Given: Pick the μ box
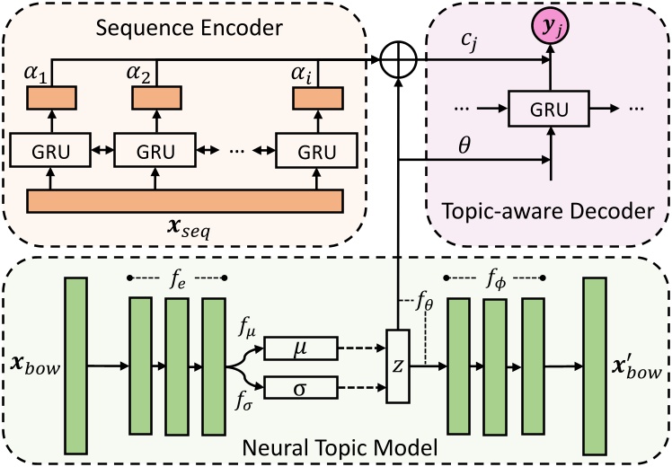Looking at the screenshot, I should click(301, 346).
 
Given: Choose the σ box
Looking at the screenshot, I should click(301, 388).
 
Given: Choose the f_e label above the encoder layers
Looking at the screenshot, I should click(178, 276).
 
